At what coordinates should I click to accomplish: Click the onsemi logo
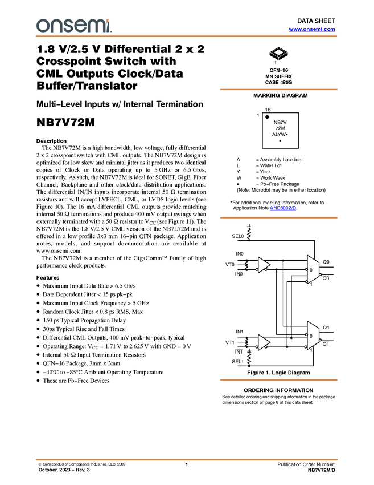coord(73,26)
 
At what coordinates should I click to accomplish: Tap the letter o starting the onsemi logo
coord(42,26)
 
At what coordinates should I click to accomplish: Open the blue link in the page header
coord(312,29)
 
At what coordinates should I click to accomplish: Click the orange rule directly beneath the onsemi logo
coord(187,37)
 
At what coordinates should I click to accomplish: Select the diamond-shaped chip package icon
coord(278,53)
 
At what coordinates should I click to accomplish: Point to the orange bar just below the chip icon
coord(278,90)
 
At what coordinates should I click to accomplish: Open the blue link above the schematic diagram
coord(283,209)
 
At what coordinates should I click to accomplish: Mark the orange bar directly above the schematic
coord(278,217)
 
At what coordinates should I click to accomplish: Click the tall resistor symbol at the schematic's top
coord(249,233)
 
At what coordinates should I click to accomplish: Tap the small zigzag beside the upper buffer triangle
coord(246,265)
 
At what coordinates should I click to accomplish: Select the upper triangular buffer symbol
coord(263,265)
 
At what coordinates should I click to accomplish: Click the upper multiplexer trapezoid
coord(313,269)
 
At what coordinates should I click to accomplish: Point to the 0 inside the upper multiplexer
coord(311,270)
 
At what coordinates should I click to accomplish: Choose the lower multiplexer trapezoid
coord(313,336)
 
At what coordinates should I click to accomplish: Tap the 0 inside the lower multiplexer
coord(311,336)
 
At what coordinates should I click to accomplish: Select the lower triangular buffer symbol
coord(263,342)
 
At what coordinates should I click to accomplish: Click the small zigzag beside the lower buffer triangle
coord(246,342)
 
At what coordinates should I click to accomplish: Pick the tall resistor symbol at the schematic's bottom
coord(249,358)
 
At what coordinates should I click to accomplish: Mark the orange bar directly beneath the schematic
coord(278,380)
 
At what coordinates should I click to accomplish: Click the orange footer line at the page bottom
coord(187,459)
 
